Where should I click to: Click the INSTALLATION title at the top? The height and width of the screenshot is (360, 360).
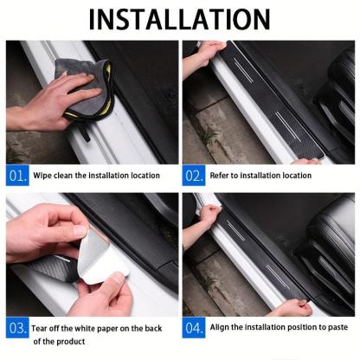pos(179,19)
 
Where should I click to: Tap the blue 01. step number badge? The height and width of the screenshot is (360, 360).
pos(17,175)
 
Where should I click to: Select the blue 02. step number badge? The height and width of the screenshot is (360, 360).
pos(194,175)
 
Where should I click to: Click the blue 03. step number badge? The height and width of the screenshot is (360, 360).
pos(17,329)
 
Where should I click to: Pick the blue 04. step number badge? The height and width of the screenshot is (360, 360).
pos(194,329)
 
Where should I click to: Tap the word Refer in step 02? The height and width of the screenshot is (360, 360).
pos(221,176)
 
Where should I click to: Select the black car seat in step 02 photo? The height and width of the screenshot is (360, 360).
pos(329,104)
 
